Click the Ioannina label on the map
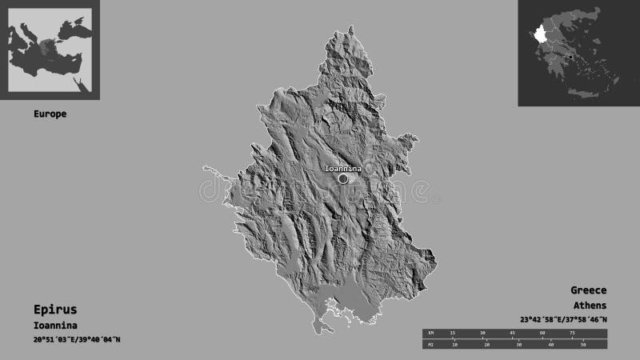pyautogui.click(x=342, y=169)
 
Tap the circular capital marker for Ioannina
pyautogui.click(x=343, y=179)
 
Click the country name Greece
pyautogui.click(x=588, y=290)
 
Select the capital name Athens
pyautogui.click(x=590, y=306)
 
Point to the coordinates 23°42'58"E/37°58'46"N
pyautogui.click(x=562, y=320)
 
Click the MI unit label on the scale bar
pyautogui.click(x=429, y=344)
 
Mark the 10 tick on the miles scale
pyautogui.click(x=454, y=345)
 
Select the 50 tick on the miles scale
pyautogui.click(x=583, y=345)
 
